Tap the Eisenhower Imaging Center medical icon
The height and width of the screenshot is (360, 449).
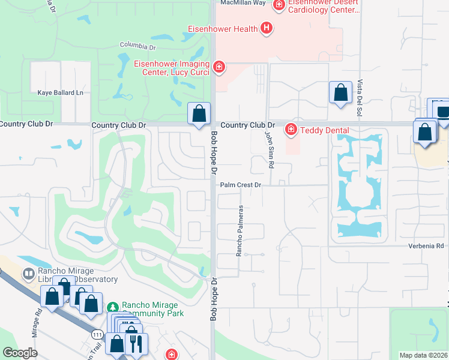219,66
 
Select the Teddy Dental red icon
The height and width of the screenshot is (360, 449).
291,129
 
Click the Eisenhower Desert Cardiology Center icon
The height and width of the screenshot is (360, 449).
279,5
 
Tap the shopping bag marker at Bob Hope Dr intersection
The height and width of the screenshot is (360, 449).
199,113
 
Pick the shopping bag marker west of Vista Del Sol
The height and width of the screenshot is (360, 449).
340,93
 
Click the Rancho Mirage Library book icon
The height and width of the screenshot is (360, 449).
28,274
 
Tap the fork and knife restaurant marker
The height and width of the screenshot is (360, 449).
136,344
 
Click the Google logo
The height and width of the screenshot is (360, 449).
20,353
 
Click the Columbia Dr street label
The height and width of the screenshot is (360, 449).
137,45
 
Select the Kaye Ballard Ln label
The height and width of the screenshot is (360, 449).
60,93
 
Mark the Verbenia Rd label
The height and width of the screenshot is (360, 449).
431,246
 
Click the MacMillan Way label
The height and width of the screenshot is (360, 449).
243,3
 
